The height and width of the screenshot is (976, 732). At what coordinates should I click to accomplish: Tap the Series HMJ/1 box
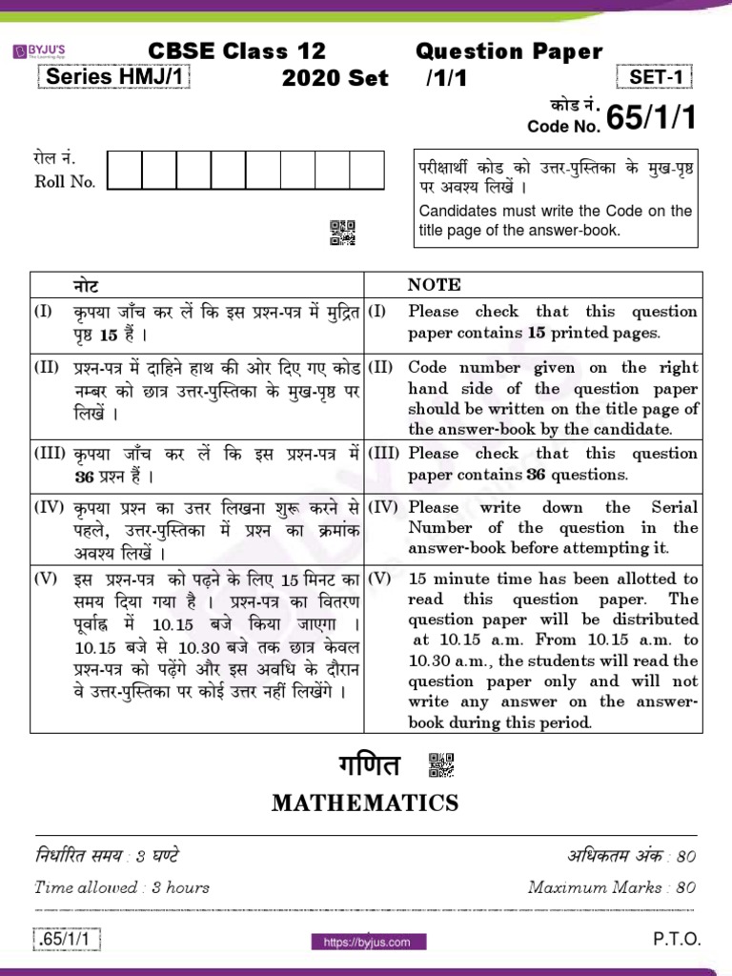tap(114, 78)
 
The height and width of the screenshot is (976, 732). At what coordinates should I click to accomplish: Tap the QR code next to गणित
tap(441, 765)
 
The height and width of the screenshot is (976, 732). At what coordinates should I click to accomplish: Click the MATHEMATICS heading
tap(365, 803)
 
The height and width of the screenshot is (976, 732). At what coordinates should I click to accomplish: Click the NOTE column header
tap(434, 284)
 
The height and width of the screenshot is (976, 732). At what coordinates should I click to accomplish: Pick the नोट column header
tap(86, 284)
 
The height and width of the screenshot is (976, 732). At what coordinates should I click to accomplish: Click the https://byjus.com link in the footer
tap(367, 942)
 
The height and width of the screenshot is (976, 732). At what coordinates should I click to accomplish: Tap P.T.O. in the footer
tap(677, 940)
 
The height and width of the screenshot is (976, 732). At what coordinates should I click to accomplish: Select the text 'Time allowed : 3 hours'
tap(122, 887)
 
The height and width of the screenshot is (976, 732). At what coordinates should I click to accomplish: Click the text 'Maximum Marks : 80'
tap(611, 887)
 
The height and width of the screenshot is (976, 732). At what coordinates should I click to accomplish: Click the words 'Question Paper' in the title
tap(509, 52)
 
